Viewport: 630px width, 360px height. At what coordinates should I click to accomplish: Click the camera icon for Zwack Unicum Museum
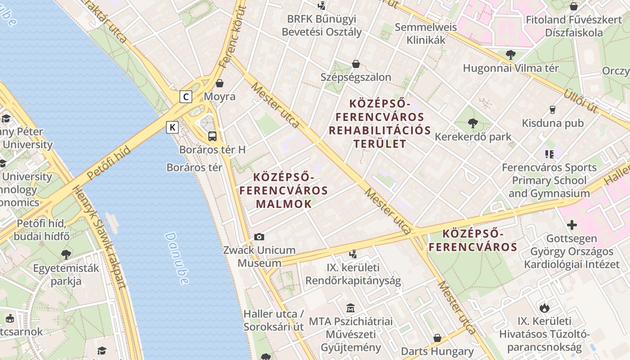259,237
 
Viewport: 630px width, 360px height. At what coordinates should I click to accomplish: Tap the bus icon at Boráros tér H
212,136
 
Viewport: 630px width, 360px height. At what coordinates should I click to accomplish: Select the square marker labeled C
186,96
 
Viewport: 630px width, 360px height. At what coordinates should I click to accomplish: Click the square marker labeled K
172,127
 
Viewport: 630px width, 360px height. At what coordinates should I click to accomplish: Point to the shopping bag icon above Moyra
220,83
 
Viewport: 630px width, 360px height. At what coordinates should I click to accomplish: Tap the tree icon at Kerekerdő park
472,123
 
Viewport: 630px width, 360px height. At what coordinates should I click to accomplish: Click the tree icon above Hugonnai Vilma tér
510,55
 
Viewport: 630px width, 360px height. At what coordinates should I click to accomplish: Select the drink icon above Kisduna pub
552,109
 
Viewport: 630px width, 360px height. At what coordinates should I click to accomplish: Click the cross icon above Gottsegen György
571,225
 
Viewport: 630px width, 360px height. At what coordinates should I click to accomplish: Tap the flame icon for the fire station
544,308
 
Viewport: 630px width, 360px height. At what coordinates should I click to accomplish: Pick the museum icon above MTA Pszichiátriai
351,308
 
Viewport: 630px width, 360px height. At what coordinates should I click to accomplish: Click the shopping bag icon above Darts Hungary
437,337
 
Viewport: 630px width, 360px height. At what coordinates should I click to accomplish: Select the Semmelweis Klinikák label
426,33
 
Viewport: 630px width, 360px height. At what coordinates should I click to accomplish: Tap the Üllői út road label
580,101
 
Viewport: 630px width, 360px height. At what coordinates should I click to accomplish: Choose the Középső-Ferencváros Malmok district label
283,190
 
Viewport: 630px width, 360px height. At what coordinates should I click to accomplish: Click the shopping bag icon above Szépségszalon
355,64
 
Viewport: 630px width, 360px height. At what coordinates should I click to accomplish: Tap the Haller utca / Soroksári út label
274,320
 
